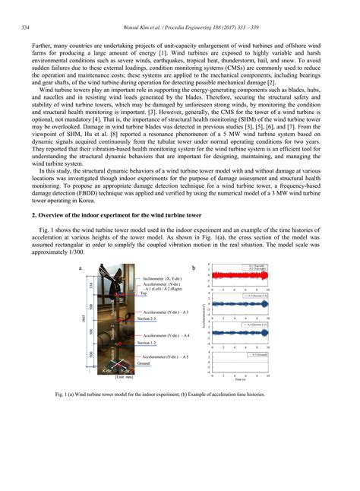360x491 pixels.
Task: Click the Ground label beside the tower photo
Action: (x=144, y=363)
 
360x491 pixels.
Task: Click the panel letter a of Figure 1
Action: (x=81, y=268)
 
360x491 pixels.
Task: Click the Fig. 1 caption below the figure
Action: (x=179, y=395)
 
